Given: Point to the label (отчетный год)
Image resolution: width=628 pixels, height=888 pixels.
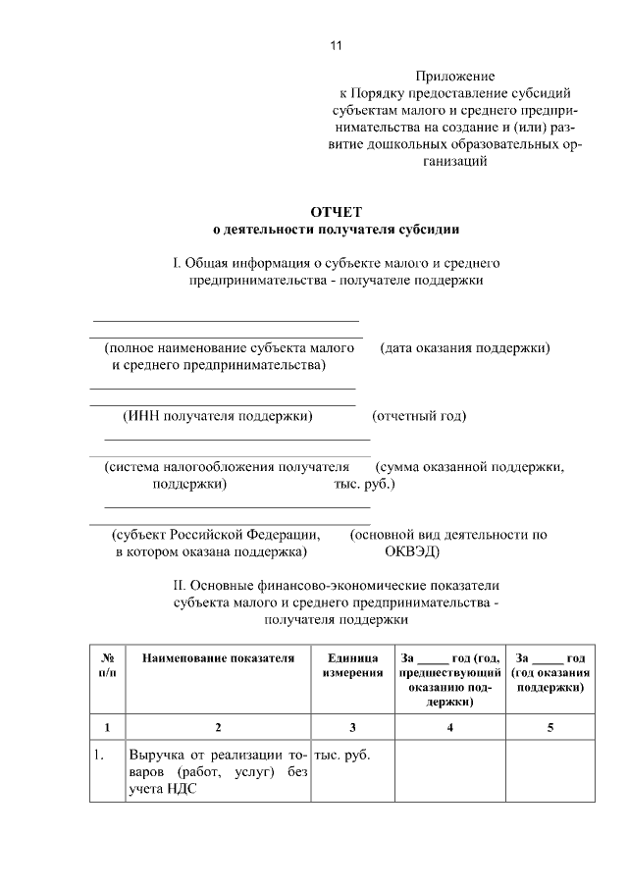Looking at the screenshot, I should pos(419,416).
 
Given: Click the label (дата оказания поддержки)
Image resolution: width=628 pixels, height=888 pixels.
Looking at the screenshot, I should pos(465,348).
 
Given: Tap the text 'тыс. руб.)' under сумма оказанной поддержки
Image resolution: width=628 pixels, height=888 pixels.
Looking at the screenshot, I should pos(364,484).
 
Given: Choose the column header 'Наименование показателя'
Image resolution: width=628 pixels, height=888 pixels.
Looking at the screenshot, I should pos(218,657).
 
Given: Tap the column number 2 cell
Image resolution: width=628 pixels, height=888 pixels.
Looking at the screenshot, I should pos(218,727).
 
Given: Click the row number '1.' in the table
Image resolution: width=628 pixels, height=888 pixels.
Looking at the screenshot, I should pos(100,756).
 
